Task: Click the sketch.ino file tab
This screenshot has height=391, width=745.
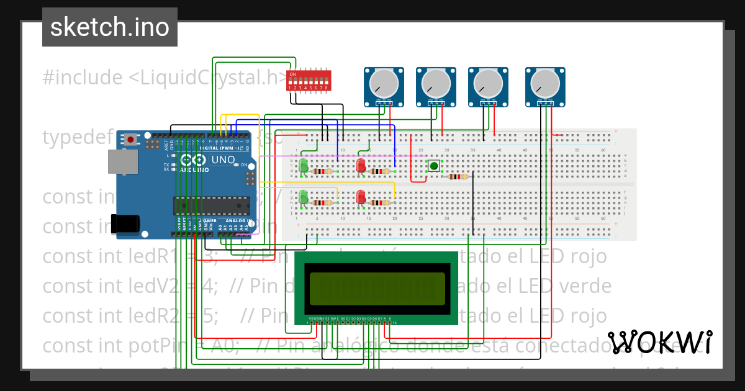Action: (110, 27)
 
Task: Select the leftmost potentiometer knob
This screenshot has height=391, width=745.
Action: (384, 83)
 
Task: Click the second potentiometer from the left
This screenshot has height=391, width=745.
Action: (436, 83)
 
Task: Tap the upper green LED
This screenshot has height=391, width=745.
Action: (304, 166)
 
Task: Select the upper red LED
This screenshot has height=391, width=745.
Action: (361, 165)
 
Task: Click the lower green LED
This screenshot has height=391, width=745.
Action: (304, 197)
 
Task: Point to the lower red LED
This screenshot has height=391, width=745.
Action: (361, 197)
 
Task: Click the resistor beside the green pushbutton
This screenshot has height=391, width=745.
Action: (458, 177)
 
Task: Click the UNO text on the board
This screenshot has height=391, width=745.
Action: (222, 160)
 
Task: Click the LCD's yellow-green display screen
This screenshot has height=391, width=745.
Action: (376, 289)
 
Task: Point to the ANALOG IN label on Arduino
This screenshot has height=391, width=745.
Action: (238, 221)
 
